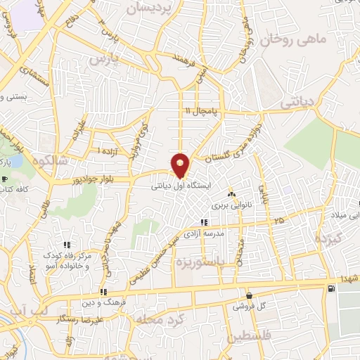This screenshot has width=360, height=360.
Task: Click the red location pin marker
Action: coord(181,165)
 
